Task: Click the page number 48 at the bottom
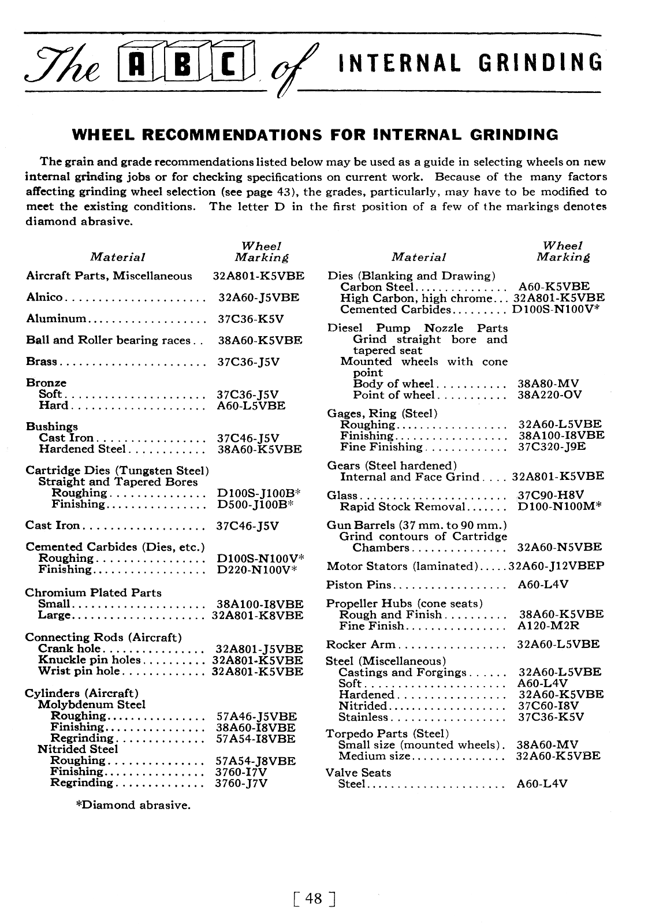click(315, 899)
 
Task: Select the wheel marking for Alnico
click(259, 297)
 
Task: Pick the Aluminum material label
click(56, 319)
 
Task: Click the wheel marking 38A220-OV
click(550, 395)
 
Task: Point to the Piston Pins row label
click(359, 584)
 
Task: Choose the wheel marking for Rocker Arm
click(558, 644)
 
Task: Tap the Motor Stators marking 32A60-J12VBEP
click(557, 566)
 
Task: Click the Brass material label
click(42, 362)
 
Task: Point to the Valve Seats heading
click(358, 773)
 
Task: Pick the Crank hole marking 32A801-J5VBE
click(259, 649)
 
